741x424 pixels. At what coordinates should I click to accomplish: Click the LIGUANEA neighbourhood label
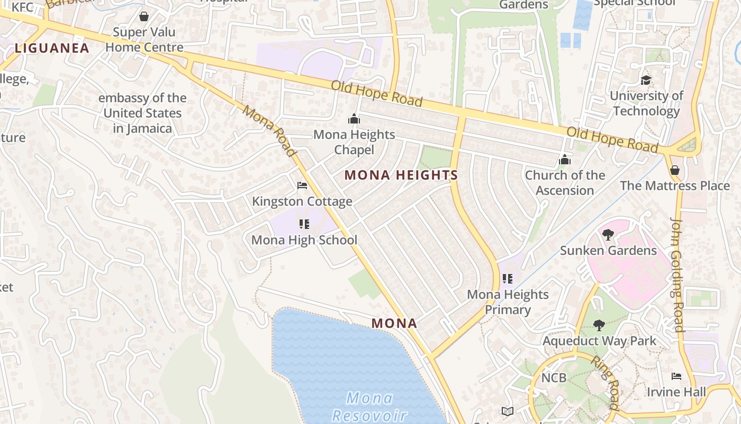[52, 48]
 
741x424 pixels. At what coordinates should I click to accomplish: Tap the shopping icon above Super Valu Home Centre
[143, 16]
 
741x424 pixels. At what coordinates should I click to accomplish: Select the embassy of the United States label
[142, 113]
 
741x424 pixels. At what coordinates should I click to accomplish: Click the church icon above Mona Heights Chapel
[354, 119]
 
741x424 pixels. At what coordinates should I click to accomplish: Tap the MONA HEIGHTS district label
[401, 175]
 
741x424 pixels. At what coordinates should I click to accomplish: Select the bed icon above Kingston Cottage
[302, 185]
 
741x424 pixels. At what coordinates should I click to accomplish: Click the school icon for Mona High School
[304, 224]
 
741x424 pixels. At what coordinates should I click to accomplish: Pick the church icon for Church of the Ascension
[565, 160]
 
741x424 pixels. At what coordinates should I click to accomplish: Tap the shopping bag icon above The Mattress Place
[675, 170]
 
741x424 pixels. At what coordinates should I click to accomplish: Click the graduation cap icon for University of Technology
[646, 81]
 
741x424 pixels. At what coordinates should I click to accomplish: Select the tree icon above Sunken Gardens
[608, 234]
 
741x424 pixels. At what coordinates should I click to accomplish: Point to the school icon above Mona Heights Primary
[508, 279]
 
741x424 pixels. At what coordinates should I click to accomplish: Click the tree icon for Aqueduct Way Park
[599, 325]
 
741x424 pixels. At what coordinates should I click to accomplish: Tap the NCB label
[554, 378]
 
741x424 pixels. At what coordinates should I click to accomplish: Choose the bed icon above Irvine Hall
[676, 376]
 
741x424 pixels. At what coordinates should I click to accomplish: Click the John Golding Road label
[677, 274]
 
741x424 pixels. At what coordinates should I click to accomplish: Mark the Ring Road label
[604, 383]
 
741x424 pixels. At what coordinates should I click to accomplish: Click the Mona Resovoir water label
[369, 406]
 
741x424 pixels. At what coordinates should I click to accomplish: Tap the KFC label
[22, 7]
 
